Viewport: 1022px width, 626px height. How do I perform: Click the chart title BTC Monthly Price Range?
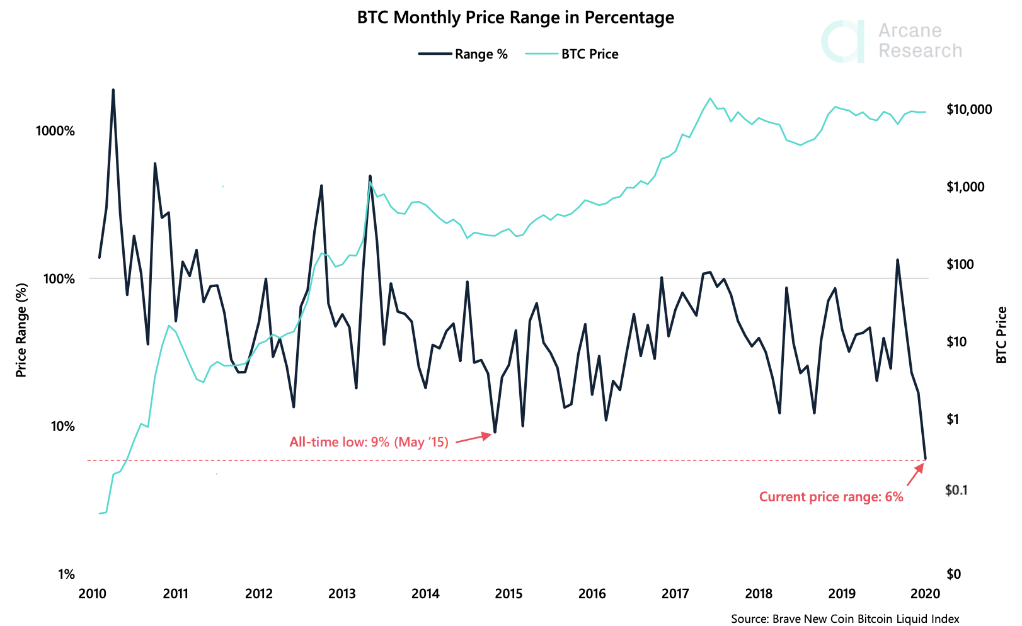pyautogui.click(x=515, y=18)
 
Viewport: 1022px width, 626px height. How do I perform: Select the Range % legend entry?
pyautogui.click(x=463, y=54)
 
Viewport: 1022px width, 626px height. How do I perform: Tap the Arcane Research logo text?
pyautogui.click(x=919, y=41)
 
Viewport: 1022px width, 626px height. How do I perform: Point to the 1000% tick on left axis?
pyautogui.click(x=55, y=131)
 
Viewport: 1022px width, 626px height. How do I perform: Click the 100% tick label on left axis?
pyautogui.click(x=59, y=279)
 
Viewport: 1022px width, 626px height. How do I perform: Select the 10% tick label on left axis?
pyautogui.click(x=62, y=426)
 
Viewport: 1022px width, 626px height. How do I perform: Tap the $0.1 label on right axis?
pyautogui.click(x=956, y=490)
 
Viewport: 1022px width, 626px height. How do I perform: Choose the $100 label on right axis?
pyautogui.click(x=960, y=264)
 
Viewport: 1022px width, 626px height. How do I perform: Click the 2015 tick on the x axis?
pyautogui.click(x=508, y=593)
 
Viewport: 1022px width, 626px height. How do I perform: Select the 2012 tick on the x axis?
pyautogui.click(x=258, y=593)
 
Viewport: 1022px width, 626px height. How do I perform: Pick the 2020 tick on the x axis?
pyautogui.click(x=926, y=593)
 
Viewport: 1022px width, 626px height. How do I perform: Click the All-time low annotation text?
pyautogui.click(x=369, y=442)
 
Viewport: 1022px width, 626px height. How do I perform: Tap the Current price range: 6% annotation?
pyautogui.click(x=830, y=497)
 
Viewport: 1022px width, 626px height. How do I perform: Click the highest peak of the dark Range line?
pyautogui.click(x=113, y=90)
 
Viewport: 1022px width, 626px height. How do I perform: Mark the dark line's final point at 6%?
pyautogui.click(x=925, y=458)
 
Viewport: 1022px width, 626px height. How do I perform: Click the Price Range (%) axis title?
pyautogui.click(x=21, y=330)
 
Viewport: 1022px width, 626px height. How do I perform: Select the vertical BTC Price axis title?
pyautogui.click(x=1001, y=335)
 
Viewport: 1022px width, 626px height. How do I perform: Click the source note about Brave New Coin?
pyautogui.click(x=844, y=619)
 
